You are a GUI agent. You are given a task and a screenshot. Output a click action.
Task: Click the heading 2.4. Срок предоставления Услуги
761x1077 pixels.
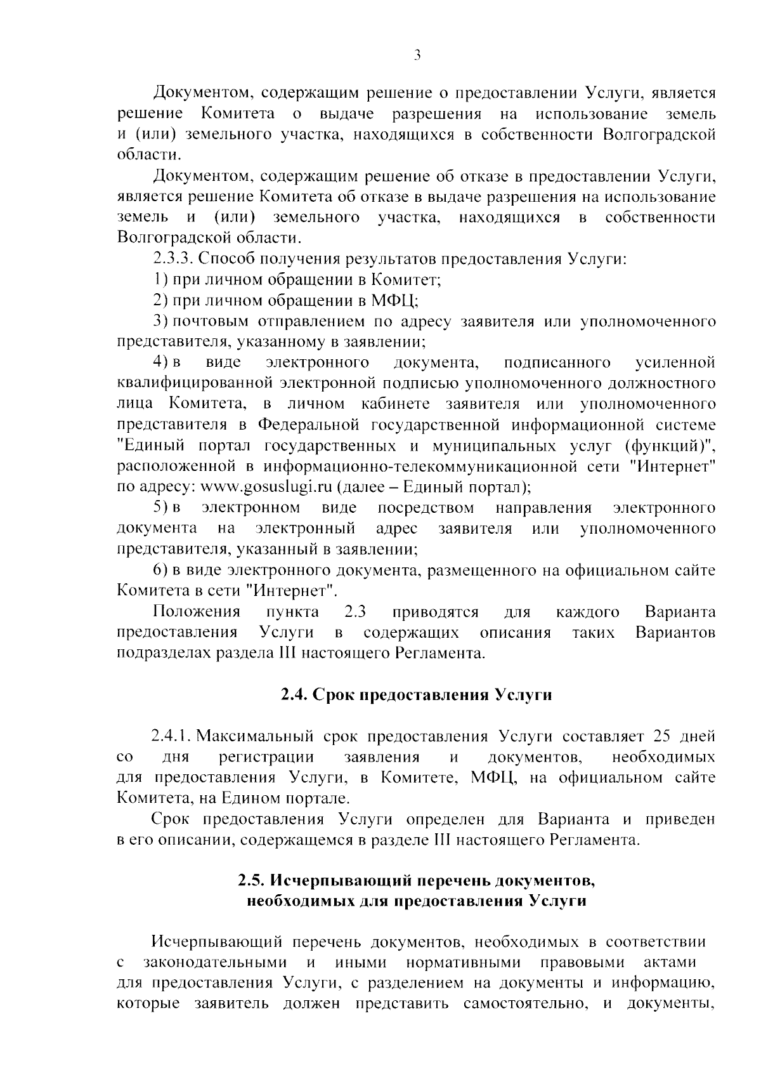coord(417,695)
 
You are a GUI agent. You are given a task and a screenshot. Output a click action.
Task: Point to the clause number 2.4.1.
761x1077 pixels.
coord(171,736)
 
